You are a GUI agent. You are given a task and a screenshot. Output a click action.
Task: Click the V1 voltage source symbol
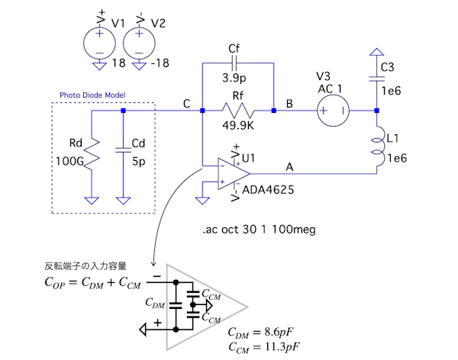[x=100, y=39]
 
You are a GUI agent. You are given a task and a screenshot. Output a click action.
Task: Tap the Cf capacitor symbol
[x=234, y=63]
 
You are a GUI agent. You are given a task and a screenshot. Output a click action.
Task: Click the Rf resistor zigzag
[x=236, y=111]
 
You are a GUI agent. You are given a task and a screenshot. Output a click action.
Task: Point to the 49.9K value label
[x=237, y=130]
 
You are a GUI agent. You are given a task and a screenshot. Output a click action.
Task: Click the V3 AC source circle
[x=333, y=111]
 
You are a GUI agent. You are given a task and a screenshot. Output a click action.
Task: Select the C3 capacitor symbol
[x=376, y=77]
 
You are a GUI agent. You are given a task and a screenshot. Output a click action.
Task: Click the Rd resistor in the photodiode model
[x=91, y=155]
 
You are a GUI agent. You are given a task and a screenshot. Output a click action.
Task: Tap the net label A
[x=289, y=166]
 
